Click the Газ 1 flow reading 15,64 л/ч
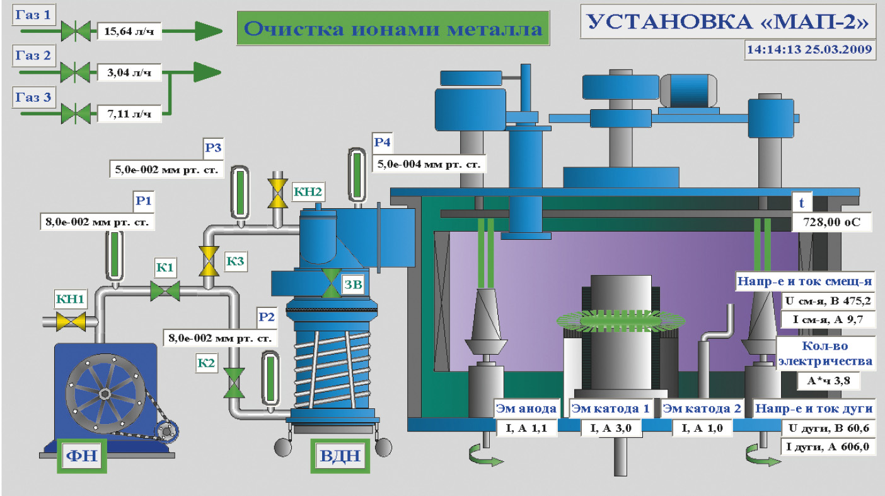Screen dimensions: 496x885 [129, 30]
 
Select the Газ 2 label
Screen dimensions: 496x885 [34, 56]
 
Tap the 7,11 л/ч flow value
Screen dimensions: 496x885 [129, 114]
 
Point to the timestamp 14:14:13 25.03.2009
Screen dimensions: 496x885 [809, 49]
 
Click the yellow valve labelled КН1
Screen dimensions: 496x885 [71, 322]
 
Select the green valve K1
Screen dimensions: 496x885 [165, 291]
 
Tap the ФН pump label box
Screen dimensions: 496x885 [81, 454]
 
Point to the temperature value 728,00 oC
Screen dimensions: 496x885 [831, 222]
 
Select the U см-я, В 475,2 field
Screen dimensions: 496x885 [826, 301]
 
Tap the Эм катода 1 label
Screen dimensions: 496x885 [610, 408]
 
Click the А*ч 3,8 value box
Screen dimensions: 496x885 [826, 381]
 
